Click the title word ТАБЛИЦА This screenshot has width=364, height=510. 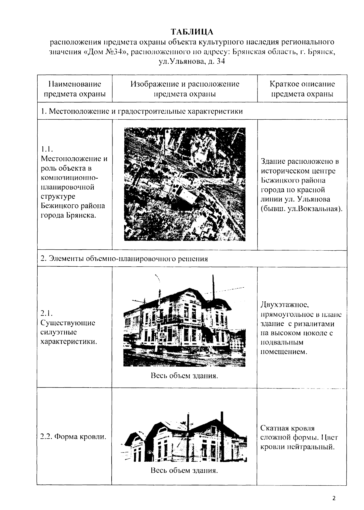coord(192,32)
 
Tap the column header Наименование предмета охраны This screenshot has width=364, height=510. coord(75,89)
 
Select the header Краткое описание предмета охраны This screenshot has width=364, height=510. coord(302,89)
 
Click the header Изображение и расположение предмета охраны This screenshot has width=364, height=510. coord(185,89)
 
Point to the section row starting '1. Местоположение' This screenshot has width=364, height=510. coord(142,111)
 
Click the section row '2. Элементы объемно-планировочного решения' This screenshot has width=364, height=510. coord(124,259)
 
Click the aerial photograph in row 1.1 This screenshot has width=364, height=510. coord(185,184)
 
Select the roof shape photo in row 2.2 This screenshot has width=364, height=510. coord(185,437)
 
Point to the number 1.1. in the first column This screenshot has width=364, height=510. coord(47,149)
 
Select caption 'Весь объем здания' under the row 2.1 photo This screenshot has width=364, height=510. coord(184,376)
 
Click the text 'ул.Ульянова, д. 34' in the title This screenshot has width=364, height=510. coord(192,62)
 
